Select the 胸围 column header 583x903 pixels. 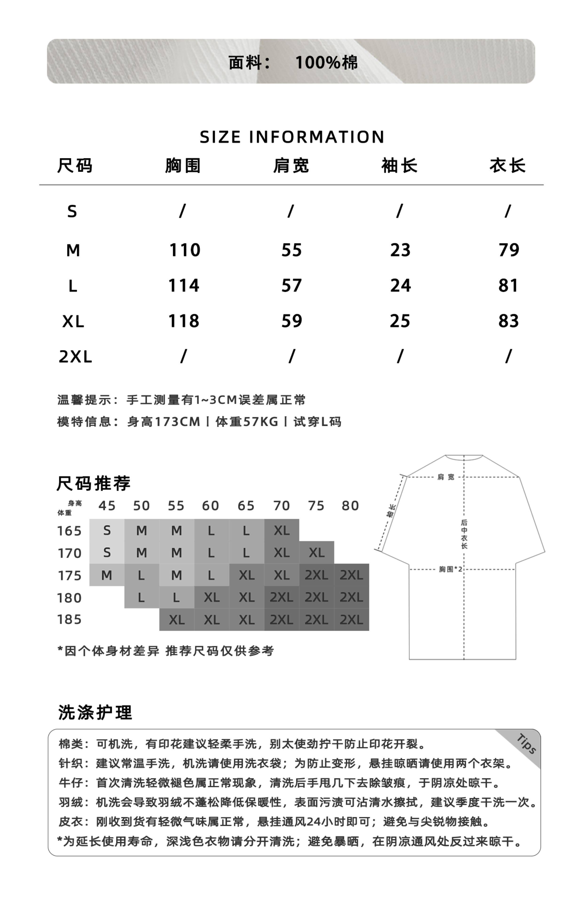(183, 166)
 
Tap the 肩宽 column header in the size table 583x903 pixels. (291, 166)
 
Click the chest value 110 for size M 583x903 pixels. (184, 250)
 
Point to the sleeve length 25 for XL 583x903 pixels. (400, 321)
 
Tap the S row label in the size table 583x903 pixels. (72, 211)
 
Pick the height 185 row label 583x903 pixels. (69, 619)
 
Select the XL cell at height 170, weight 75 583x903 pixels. (316, 553)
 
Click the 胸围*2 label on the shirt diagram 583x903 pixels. (450, 569)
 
